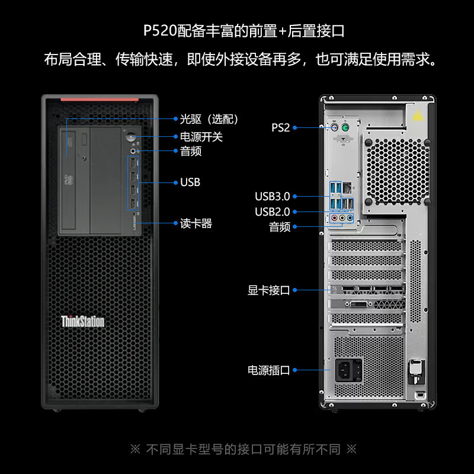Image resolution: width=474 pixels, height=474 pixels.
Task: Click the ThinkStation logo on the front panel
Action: (82, 321)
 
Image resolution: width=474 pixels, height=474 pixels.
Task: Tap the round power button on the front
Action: (130, 136)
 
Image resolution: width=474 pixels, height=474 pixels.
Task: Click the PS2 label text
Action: (280, 127)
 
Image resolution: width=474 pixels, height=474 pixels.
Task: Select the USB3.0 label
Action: (273, 197)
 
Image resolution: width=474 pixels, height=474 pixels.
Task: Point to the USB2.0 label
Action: (273, 212)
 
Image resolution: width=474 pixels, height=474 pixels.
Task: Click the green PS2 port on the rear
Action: (345, 127)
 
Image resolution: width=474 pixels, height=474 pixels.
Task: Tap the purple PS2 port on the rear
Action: (334, 127)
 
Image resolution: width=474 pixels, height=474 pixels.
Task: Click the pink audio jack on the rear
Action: (334, 217)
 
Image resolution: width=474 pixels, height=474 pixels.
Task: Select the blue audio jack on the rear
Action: (350, 217)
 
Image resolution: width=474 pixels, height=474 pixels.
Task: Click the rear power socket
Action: (348, 370)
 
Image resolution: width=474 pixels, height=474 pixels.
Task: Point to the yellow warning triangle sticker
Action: (418, 115)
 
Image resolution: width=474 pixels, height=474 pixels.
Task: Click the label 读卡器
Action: (196, 223)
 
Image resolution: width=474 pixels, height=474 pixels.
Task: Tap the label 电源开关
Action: (201, 137)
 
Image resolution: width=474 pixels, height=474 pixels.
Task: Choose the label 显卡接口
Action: (269, 290)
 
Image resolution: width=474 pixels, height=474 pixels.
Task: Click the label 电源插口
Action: (269, 370)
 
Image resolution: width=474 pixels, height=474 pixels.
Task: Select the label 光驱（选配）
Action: (209, 119)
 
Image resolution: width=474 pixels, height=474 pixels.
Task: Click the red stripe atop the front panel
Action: (100, 100)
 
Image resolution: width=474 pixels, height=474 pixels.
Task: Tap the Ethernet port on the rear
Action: (348, 187)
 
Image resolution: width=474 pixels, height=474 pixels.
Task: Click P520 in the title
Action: (160, 31)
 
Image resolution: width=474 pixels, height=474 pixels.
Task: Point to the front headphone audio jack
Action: (133, 150)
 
